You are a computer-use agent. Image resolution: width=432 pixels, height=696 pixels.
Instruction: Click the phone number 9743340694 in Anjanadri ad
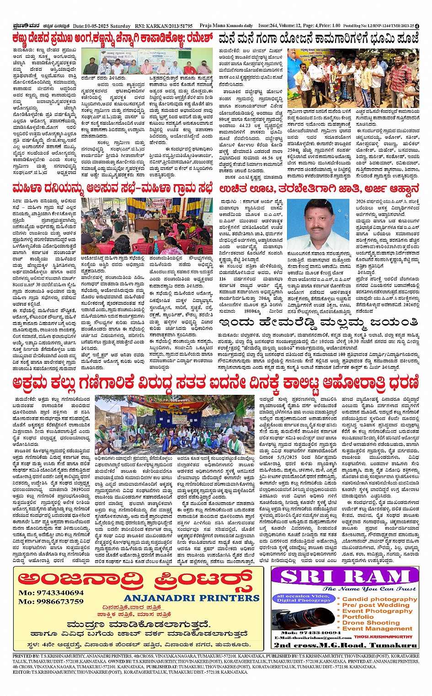coord(51,593)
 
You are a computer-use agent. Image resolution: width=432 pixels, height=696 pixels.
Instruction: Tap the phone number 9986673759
coord(51,601)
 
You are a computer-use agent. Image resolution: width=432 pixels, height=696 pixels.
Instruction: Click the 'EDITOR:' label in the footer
coord(22,672)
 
